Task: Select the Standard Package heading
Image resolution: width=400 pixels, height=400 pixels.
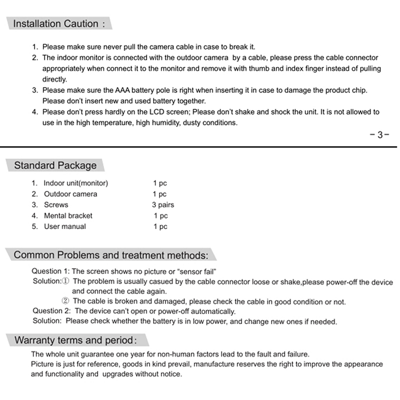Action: [55, 165]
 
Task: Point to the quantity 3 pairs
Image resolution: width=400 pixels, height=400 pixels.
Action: [163, 205]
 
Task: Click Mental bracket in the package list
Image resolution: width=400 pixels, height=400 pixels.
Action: [68, 216]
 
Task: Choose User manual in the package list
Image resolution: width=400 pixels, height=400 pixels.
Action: [65, 226]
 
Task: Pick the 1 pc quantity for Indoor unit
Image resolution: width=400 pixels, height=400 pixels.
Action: [160, 183]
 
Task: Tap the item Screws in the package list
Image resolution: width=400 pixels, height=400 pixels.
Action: [56, 205]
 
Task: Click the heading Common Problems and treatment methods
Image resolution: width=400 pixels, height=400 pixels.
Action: [110, 255]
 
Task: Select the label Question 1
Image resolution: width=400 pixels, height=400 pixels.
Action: [51, 271]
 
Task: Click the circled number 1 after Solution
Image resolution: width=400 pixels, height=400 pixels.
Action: [66, 281]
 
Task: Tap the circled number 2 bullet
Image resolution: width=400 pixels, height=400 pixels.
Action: [65, 301]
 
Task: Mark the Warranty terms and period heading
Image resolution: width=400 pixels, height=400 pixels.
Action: [75, 341]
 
